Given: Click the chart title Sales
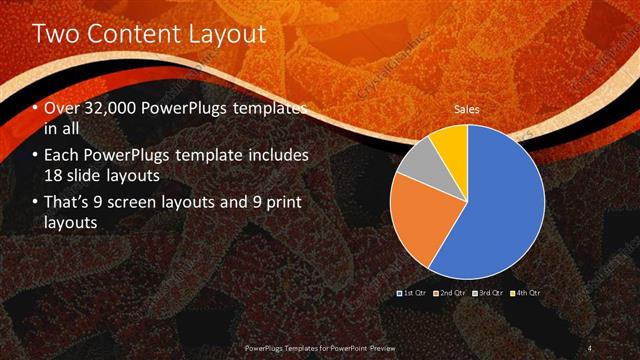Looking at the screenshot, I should [x=466, y=108].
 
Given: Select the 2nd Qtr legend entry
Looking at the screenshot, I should [x=451, y=292].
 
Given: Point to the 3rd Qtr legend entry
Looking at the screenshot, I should [x=489, y=292].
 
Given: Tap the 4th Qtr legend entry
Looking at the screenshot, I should [x=526, y=292].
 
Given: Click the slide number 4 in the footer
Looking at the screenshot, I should [x=590, y=347].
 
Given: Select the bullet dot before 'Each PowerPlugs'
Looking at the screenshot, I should [x=36, y=157].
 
